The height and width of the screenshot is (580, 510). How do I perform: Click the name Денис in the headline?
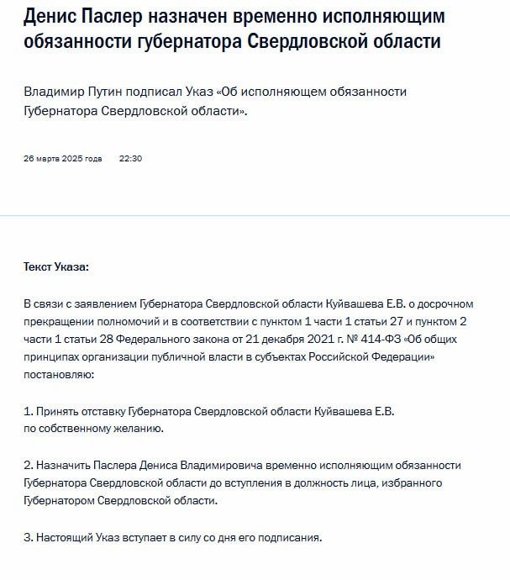[52, 17]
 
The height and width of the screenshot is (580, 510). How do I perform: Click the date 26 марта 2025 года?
[63, 158]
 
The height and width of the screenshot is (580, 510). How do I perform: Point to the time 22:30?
[130, 158]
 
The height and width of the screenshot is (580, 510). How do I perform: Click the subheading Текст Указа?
[55, 266]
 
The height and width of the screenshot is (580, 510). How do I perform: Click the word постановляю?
[60, 375]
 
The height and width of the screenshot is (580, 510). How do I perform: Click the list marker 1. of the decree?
[28, 411]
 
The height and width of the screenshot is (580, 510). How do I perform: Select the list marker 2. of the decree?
[28, 465]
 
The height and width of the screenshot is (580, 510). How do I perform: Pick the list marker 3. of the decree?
[28, 536]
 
